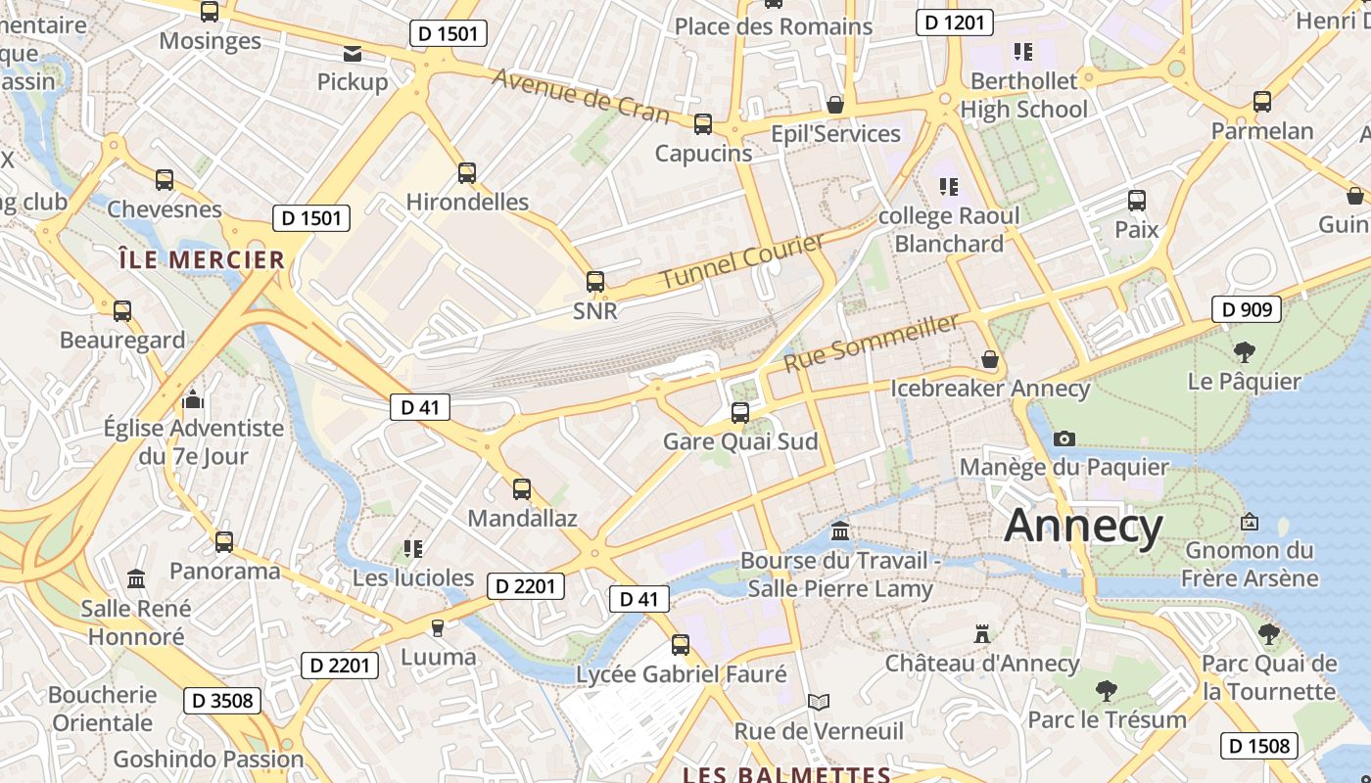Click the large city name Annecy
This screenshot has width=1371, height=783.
click(x=1083, y=526)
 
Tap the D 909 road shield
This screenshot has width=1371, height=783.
click(x=1247, y=310)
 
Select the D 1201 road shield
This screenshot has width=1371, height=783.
click(x=954, y=23)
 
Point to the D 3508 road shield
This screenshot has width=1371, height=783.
click(x=222, y=701)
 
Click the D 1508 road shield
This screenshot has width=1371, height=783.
click(x=1260, y=746)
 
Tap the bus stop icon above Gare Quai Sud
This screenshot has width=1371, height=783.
click(x=740, y=413)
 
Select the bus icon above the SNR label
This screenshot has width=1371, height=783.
click(x=594, y=282)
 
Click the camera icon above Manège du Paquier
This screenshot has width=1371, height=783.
click(x=1064, y=438)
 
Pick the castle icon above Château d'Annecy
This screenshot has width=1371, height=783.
click(x=982, y=634)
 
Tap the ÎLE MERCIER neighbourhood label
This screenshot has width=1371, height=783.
click(x=201, y=260)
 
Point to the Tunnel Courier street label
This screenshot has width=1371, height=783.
click(x=741, y=262)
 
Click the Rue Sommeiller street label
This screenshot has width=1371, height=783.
click(x=871, y=343)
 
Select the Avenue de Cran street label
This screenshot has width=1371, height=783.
click(x=581, y=96)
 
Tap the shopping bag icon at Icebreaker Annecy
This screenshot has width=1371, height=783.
click(x=990, y=359)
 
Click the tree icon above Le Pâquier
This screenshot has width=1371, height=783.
click(x=1244, y=351)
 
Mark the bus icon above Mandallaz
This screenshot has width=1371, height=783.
click(x=522, y=489)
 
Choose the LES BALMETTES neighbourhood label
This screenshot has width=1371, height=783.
click(x=786, y=774)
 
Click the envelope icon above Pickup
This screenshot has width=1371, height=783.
click(x=352, y=54)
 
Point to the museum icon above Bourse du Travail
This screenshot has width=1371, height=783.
click(x=839, y=531)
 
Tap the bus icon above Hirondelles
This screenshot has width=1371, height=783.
click(x=467, y=173)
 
